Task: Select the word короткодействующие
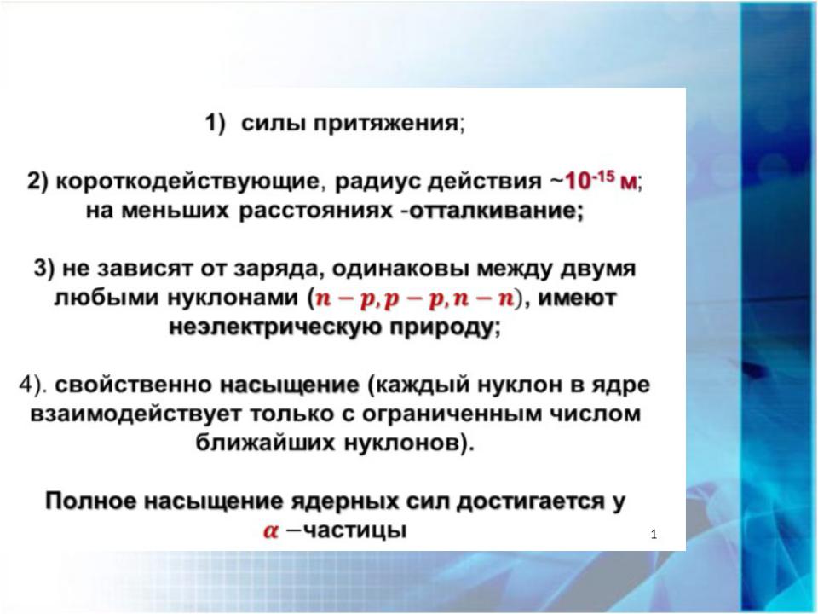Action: [x=187, y=182]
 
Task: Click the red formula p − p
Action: [x=414, y=298]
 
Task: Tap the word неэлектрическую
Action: [x=275, y=327]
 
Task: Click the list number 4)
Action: [x=33, y=385]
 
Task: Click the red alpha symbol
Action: [x=271, y=531]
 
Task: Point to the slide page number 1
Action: [x=654, y=534]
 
